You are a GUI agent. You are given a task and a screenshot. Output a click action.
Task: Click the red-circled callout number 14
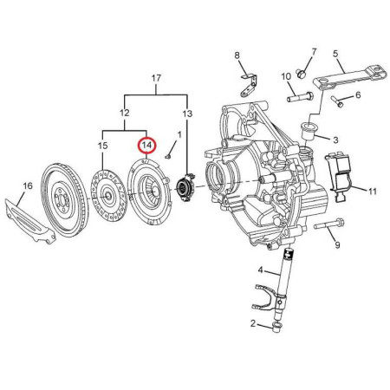tap(146, 146)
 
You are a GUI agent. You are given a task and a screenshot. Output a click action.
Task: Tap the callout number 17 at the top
tap(156, 78)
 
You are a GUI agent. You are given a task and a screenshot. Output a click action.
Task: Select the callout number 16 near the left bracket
tap(28, 185)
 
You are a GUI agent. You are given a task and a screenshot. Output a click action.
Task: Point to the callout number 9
tap(337, 245)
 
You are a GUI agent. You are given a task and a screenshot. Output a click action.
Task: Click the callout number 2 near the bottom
tap(253, 323)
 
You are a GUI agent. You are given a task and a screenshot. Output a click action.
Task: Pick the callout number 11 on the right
tap(373, 191)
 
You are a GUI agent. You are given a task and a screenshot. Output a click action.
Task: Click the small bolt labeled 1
tap(168, 156)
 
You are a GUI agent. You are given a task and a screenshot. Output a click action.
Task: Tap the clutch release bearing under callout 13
tap(185, 186)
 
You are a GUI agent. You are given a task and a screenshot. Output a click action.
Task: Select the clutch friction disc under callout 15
tap(108, 196)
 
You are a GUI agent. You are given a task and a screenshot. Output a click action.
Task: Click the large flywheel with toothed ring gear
tap(65, 200)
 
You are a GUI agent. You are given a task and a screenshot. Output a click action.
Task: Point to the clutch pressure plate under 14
tap(149, 192)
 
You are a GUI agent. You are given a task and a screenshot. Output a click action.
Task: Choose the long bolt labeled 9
tap(329, 224)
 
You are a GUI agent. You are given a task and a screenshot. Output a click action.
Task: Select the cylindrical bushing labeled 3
tap(309, 131)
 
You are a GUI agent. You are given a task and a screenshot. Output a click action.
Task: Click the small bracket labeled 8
tap(249, 85)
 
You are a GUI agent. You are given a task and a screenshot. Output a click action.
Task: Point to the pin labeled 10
tap(300, 96)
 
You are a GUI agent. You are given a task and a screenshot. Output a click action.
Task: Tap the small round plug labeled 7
tap(302, 74)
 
